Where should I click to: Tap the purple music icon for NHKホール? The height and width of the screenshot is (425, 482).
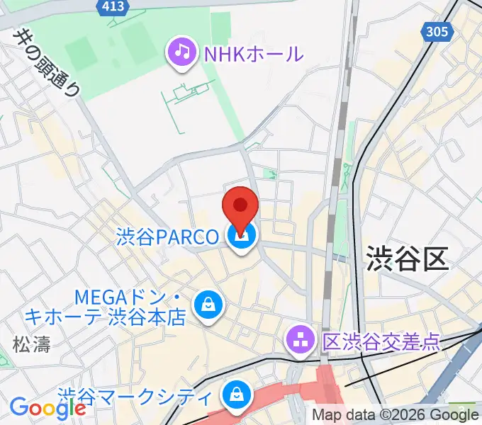click(x=182, y=52)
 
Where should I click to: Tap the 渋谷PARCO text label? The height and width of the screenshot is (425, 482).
click(x=167, y=237)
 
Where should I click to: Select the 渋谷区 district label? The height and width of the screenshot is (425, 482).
click(x=408, y=259)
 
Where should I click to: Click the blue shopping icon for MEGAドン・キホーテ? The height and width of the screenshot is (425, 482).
click(x=208, y=305)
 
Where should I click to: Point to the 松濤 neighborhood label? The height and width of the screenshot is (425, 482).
click(x=31, y=345)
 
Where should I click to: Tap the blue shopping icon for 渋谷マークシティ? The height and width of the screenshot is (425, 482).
click(x=234, y=395)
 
